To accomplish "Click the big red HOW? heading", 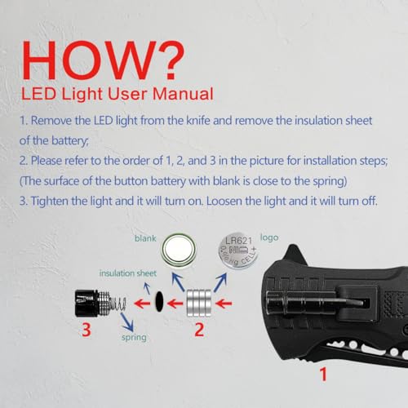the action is [103, 60].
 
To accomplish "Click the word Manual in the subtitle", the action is [183, 94].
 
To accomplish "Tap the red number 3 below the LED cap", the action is [86, 330].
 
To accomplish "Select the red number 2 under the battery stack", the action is [199, 330].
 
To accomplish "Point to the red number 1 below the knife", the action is [323, 375].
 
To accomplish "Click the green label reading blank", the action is [145, 238].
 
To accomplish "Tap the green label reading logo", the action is [269, 237].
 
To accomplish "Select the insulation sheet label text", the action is [128, 273].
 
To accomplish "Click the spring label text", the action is [134, 338].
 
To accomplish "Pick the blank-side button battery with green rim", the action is [179, 250].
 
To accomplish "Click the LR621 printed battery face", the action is [238, 251].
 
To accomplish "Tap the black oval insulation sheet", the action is [159, 301].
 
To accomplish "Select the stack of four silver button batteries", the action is [199, 304].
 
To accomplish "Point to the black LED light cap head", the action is [86, 304].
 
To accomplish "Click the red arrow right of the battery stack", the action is [224, 304].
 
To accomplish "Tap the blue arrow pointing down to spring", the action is [127, 322].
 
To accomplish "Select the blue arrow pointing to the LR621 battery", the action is [220, 282].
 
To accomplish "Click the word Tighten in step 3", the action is [49, 202].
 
